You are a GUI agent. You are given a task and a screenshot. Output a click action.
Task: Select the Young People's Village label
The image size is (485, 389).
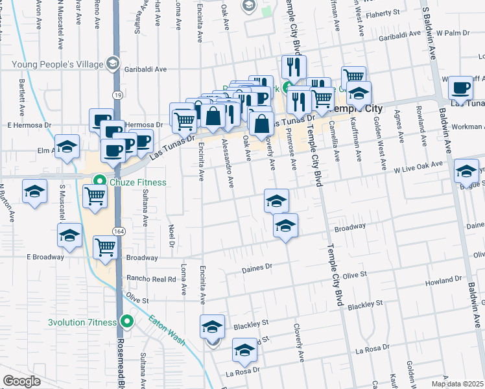coord(58,64)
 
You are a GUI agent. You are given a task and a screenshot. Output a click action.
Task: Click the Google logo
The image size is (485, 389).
coord(21,381)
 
